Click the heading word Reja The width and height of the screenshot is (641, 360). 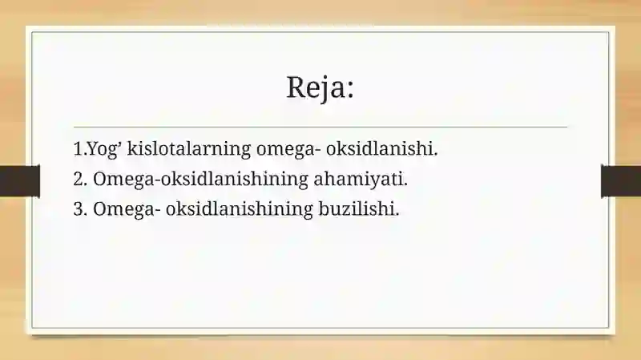pyautogui.click(x=316, y=87)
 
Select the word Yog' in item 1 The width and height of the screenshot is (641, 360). pyautogui.click(x=105, y=149)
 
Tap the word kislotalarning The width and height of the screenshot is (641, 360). pyautogui.click(x=189, y=148)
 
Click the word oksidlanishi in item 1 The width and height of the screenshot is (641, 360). pyautogui.click(x=379, y=148)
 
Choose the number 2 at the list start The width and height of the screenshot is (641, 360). pyautogui.click(x=78, y=179)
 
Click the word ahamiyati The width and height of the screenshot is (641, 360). pyautogui.click(x=358, y=179)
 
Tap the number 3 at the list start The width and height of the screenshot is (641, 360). pyautogui.click(x=78, y=209)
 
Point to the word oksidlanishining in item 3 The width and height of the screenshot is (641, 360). pyautogui.click(x=239, y=208)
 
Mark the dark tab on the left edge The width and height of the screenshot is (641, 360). pyautogui.click(x=20, y=181)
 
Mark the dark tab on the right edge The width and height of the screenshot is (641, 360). pyautogui.click(x=621, y=181)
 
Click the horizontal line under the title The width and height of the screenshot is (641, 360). pyautogui.click(x=320, y=127)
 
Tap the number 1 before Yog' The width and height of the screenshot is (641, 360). pyautogui.click(x=78, y=149)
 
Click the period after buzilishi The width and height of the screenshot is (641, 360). pyautogui.click(x=397, y=215)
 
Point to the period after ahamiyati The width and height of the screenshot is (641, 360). pyautogui.click(x=405, y=185)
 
